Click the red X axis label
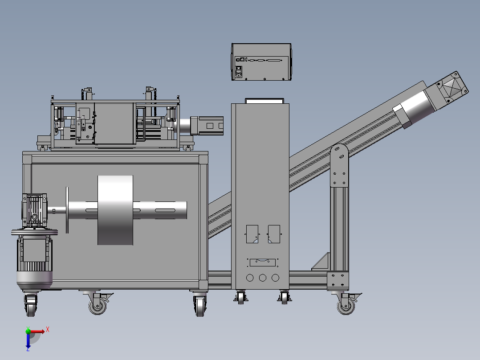pyautogui.click(x=48, y=330)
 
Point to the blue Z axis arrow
pyautogui.click(x=28, y=341)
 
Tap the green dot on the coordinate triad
pyautogui.click(x=28, y=331)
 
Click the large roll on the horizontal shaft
pyautogui.click(x=115, y=210)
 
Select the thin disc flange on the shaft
pyautogui.click(x=67, y=210)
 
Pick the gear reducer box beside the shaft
pyautogui.click(x=34, y=210)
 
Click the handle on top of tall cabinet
pyautogui.click(x=264, y=101)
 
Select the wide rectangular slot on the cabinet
pyautogui.click(x=263, y=262)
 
